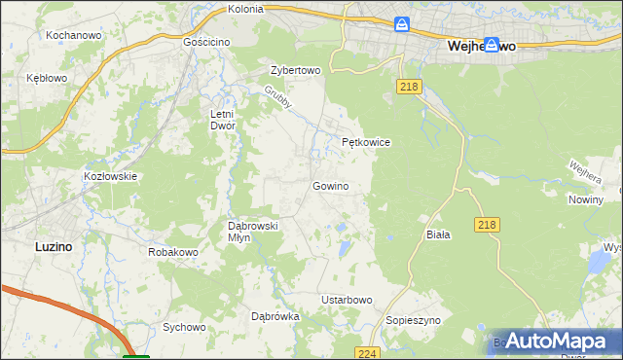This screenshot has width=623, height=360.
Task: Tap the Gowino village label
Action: tap(330, 185)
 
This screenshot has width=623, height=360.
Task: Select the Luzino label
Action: tap(53, 246)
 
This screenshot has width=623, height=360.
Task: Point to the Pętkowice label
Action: tap(366, 142)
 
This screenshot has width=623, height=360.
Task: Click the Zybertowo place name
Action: tap(295, 71)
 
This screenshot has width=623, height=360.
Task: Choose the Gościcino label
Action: tap(206, 43)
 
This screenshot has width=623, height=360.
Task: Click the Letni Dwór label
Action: tap(224, 120)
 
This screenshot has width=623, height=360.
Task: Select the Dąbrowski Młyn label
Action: tap(252, 231)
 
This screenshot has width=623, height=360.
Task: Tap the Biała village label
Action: tap(438, 235)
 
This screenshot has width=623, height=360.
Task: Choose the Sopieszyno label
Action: tap(414, 319)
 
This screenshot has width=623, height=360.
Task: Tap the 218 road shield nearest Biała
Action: tap(489, 225)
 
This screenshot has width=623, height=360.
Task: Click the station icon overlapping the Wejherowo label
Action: tap(493, 44)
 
